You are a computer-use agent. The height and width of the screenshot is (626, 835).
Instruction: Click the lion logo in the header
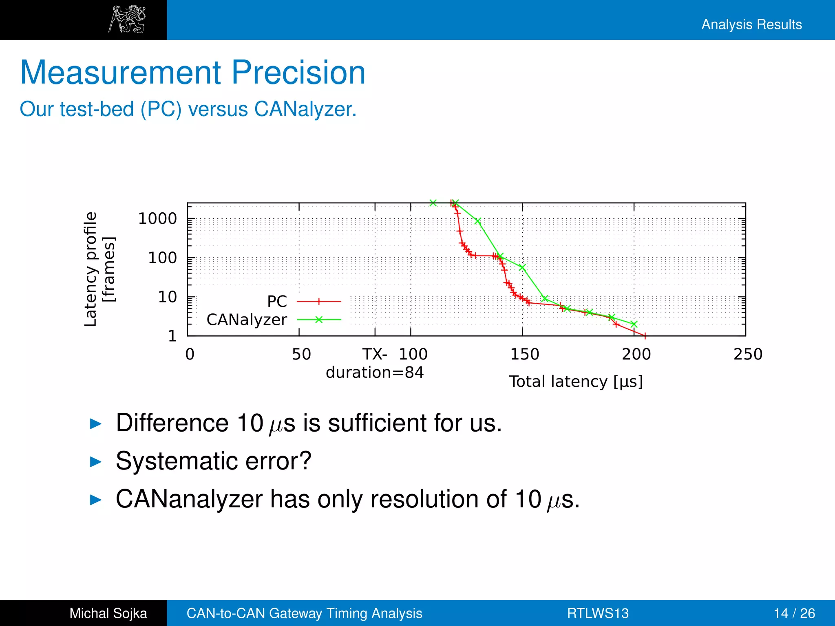(x=127, y=19)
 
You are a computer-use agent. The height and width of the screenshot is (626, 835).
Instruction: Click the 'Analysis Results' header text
(x=751, y=24)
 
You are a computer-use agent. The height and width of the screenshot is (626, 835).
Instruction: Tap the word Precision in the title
(x=298, y=73)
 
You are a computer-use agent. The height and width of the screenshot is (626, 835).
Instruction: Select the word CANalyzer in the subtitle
(x=305, y=109)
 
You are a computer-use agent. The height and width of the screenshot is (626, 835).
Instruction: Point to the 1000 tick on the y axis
(x=157, y=219)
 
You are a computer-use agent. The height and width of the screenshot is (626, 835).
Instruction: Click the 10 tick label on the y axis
(x=167, y=297)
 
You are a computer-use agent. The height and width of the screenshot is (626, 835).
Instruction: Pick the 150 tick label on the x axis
(x=525, y=354)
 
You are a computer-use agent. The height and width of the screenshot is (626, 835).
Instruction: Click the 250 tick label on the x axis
(x=748, y=354)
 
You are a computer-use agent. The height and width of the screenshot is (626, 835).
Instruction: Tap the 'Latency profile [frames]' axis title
(x=99, y=269)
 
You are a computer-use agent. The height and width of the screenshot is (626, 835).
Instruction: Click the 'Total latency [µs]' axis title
(x=576, y=382)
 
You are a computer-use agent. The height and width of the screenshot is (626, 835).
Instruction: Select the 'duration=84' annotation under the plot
(x=375, y=373)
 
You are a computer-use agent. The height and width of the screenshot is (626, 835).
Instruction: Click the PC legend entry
(x=277, y=302)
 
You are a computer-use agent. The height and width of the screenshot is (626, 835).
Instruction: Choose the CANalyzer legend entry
(x=247, y=320)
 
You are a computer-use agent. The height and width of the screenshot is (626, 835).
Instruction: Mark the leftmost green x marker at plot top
(x=433, y=203)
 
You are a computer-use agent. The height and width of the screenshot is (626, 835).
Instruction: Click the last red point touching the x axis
(x=645, y=336)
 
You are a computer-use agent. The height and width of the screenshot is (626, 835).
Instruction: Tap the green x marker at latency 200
(x=634, y=324)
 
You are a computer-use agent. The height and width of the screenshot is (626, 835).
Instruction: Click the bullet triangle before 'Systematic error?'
(x=95, y=462)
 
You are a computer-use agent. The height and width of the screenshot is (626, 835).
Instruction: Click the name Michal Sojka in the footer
(x=108, y=613)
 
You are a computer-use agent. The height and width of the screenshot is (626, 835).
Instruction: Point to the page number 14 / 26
(x=794, y=613)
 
